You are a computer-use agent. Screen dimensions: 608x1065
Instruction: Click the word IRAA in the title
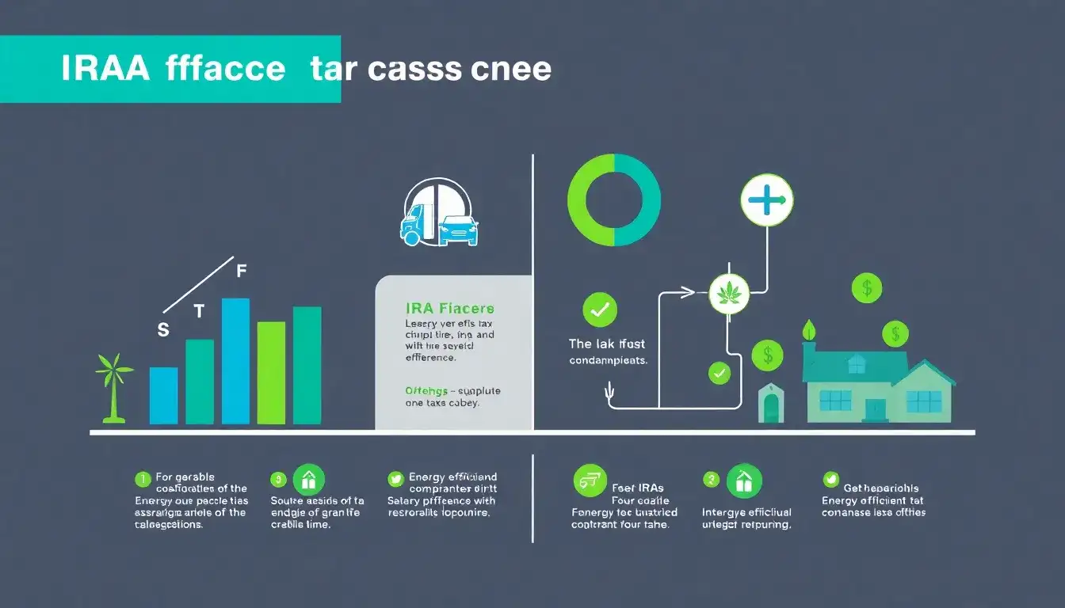tap(105, 70)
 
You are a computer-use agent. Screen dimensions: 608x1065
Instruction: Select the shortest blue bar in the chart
tap(163, 396)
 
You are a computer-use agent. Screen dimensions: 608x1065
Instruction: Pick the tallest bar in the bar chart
tap(235, 361)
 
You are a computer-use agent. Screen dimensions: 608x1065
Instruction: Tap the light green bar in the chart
tap(271, 373)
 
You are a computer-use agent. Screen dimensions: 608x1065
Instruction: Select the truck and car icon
tap(440, 211)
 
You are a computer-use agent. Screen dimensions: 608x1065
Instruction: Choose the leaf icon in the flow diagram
tap(727, 294)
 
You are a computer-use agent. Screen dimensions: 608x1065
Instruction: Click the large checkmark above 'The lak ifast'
tap(600, 310)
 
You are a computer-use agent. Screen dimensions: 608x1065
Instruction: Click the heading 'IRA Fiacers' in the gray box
tap(449, 308)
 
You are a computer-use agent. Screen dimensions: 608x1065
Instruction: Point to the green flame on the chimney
tap(809, 330)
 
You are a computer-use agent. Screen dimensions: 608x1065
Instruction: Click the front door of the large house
tap(875, 409)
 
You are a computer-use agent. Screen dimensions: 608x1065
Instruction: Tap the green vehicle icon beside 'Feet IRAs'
tap(589, 481)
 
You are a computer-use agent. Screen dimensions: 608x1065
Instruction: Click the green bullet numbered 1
tap(142, 478)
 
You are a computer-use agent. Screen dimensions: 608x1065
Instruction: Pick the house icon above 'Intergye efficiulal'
tap(743, 481)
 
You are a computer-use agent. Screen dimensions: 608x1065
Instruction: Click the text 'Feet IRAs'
tap(638, 488)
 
